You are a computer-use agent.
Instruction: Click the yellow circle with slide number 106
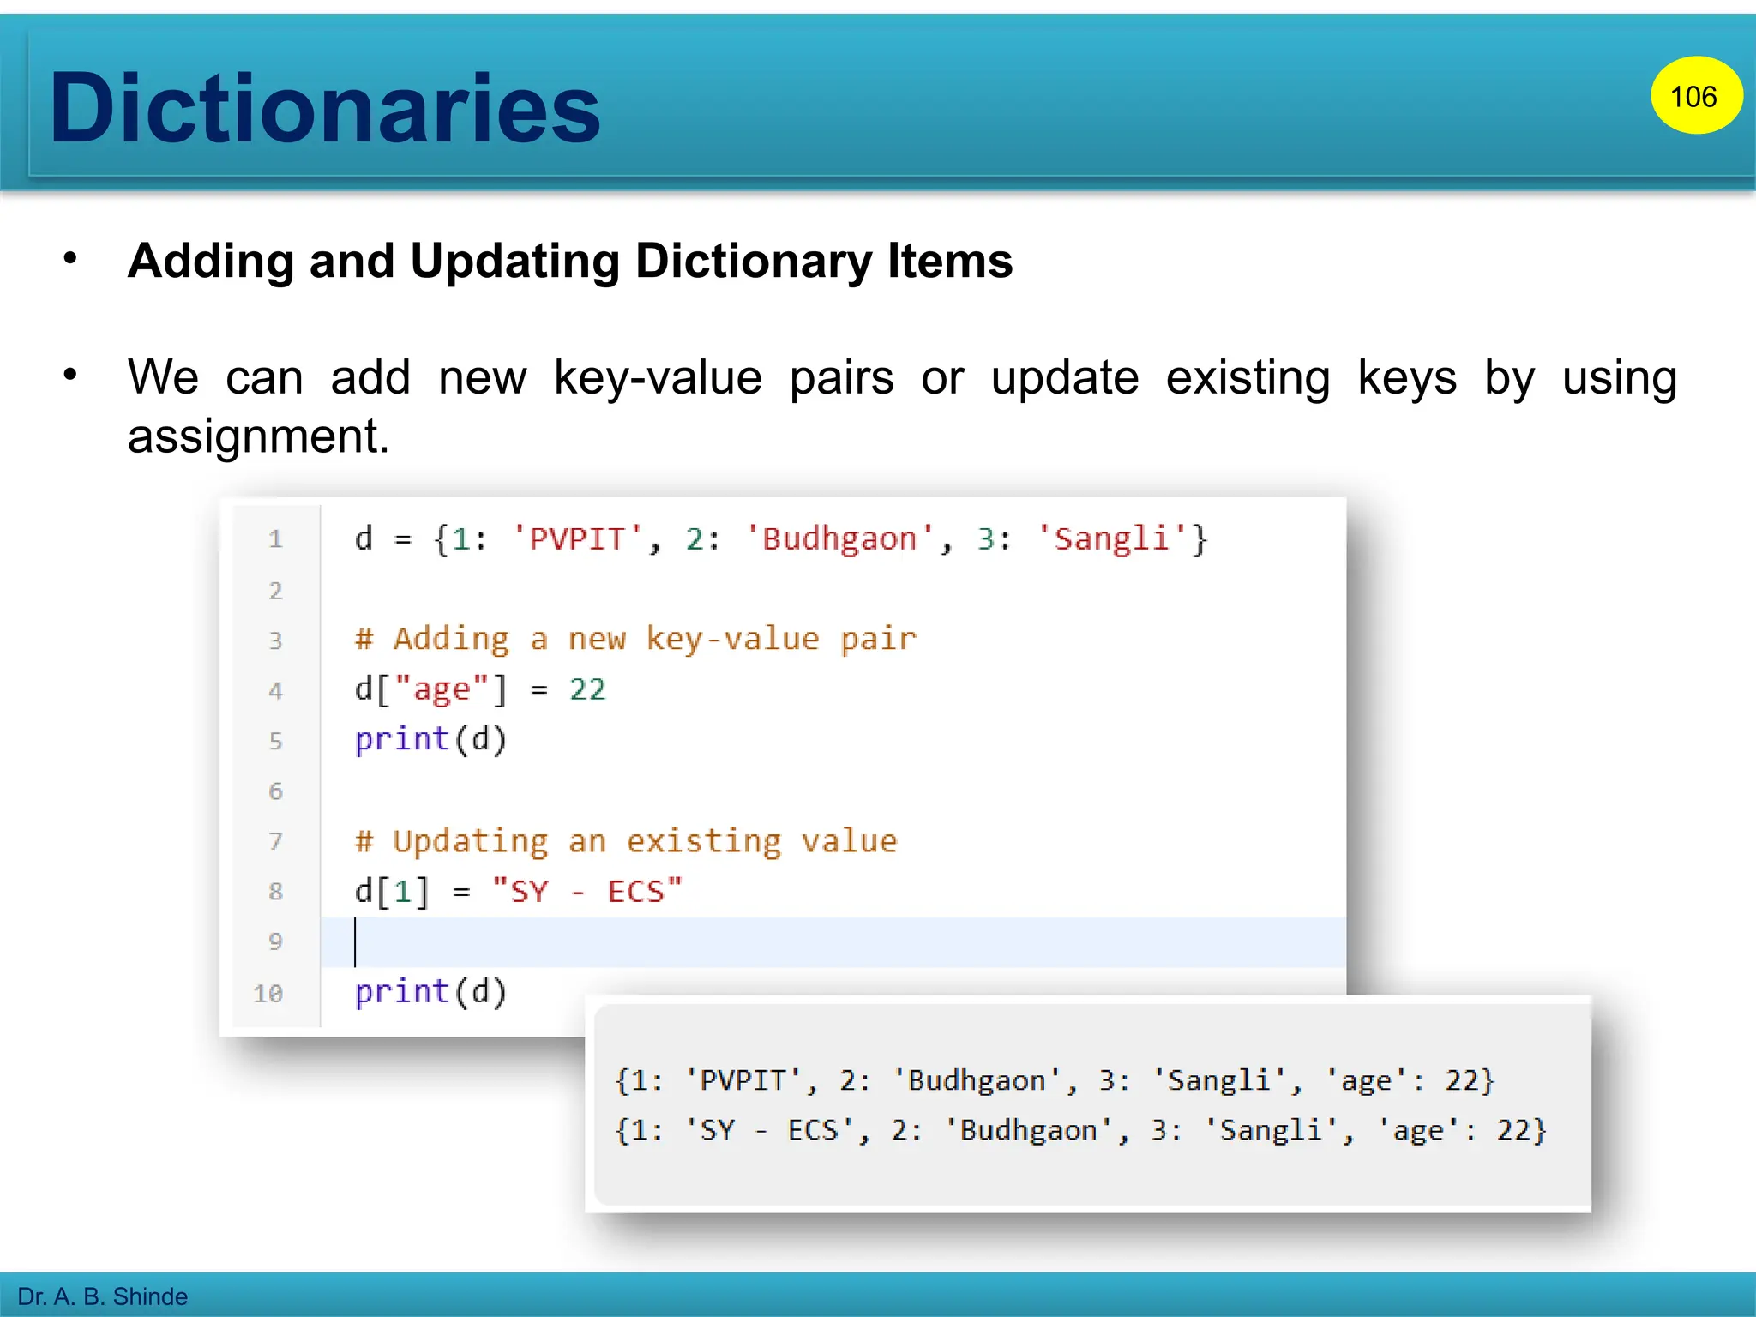coord(1695,96)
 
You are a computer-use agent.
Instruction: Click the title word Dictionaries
coord(325,108)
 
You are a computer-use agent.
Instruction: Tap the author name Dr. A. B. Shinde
coord(103,1296)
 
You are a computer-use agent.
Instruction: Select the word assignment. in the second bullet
coord(258,436)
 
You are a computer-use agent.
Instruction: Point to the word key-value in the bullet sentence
coord(658,377)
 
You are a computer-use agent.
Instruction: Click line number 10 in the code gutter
coord(268,993)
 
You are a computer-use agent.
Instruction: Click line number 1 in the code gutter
coord(275,539)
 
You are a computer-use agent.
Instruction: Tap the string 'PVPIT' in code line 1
coord(577,539)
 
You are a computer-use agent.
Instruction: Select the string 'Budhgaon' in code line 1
coord(839,539)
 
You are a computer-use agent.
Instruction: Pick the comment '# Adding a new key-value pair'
coord(635,640)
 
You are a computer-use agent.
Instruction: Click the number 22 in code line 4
coord(587,689)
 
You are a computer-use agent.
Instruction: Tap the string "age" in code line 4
coord(442,689)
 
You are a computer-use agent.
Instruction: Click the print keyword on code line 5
coord(402,739)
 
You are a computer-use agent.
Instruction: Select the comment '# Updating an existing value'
coord(626,841)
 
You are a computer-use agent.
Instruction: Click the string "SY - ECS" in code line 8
coord(587,892)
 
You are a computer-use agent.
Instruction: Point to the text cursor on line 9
coord(355,941)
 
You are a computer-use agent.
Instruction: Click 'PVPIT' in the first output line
coord(743,1080)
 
